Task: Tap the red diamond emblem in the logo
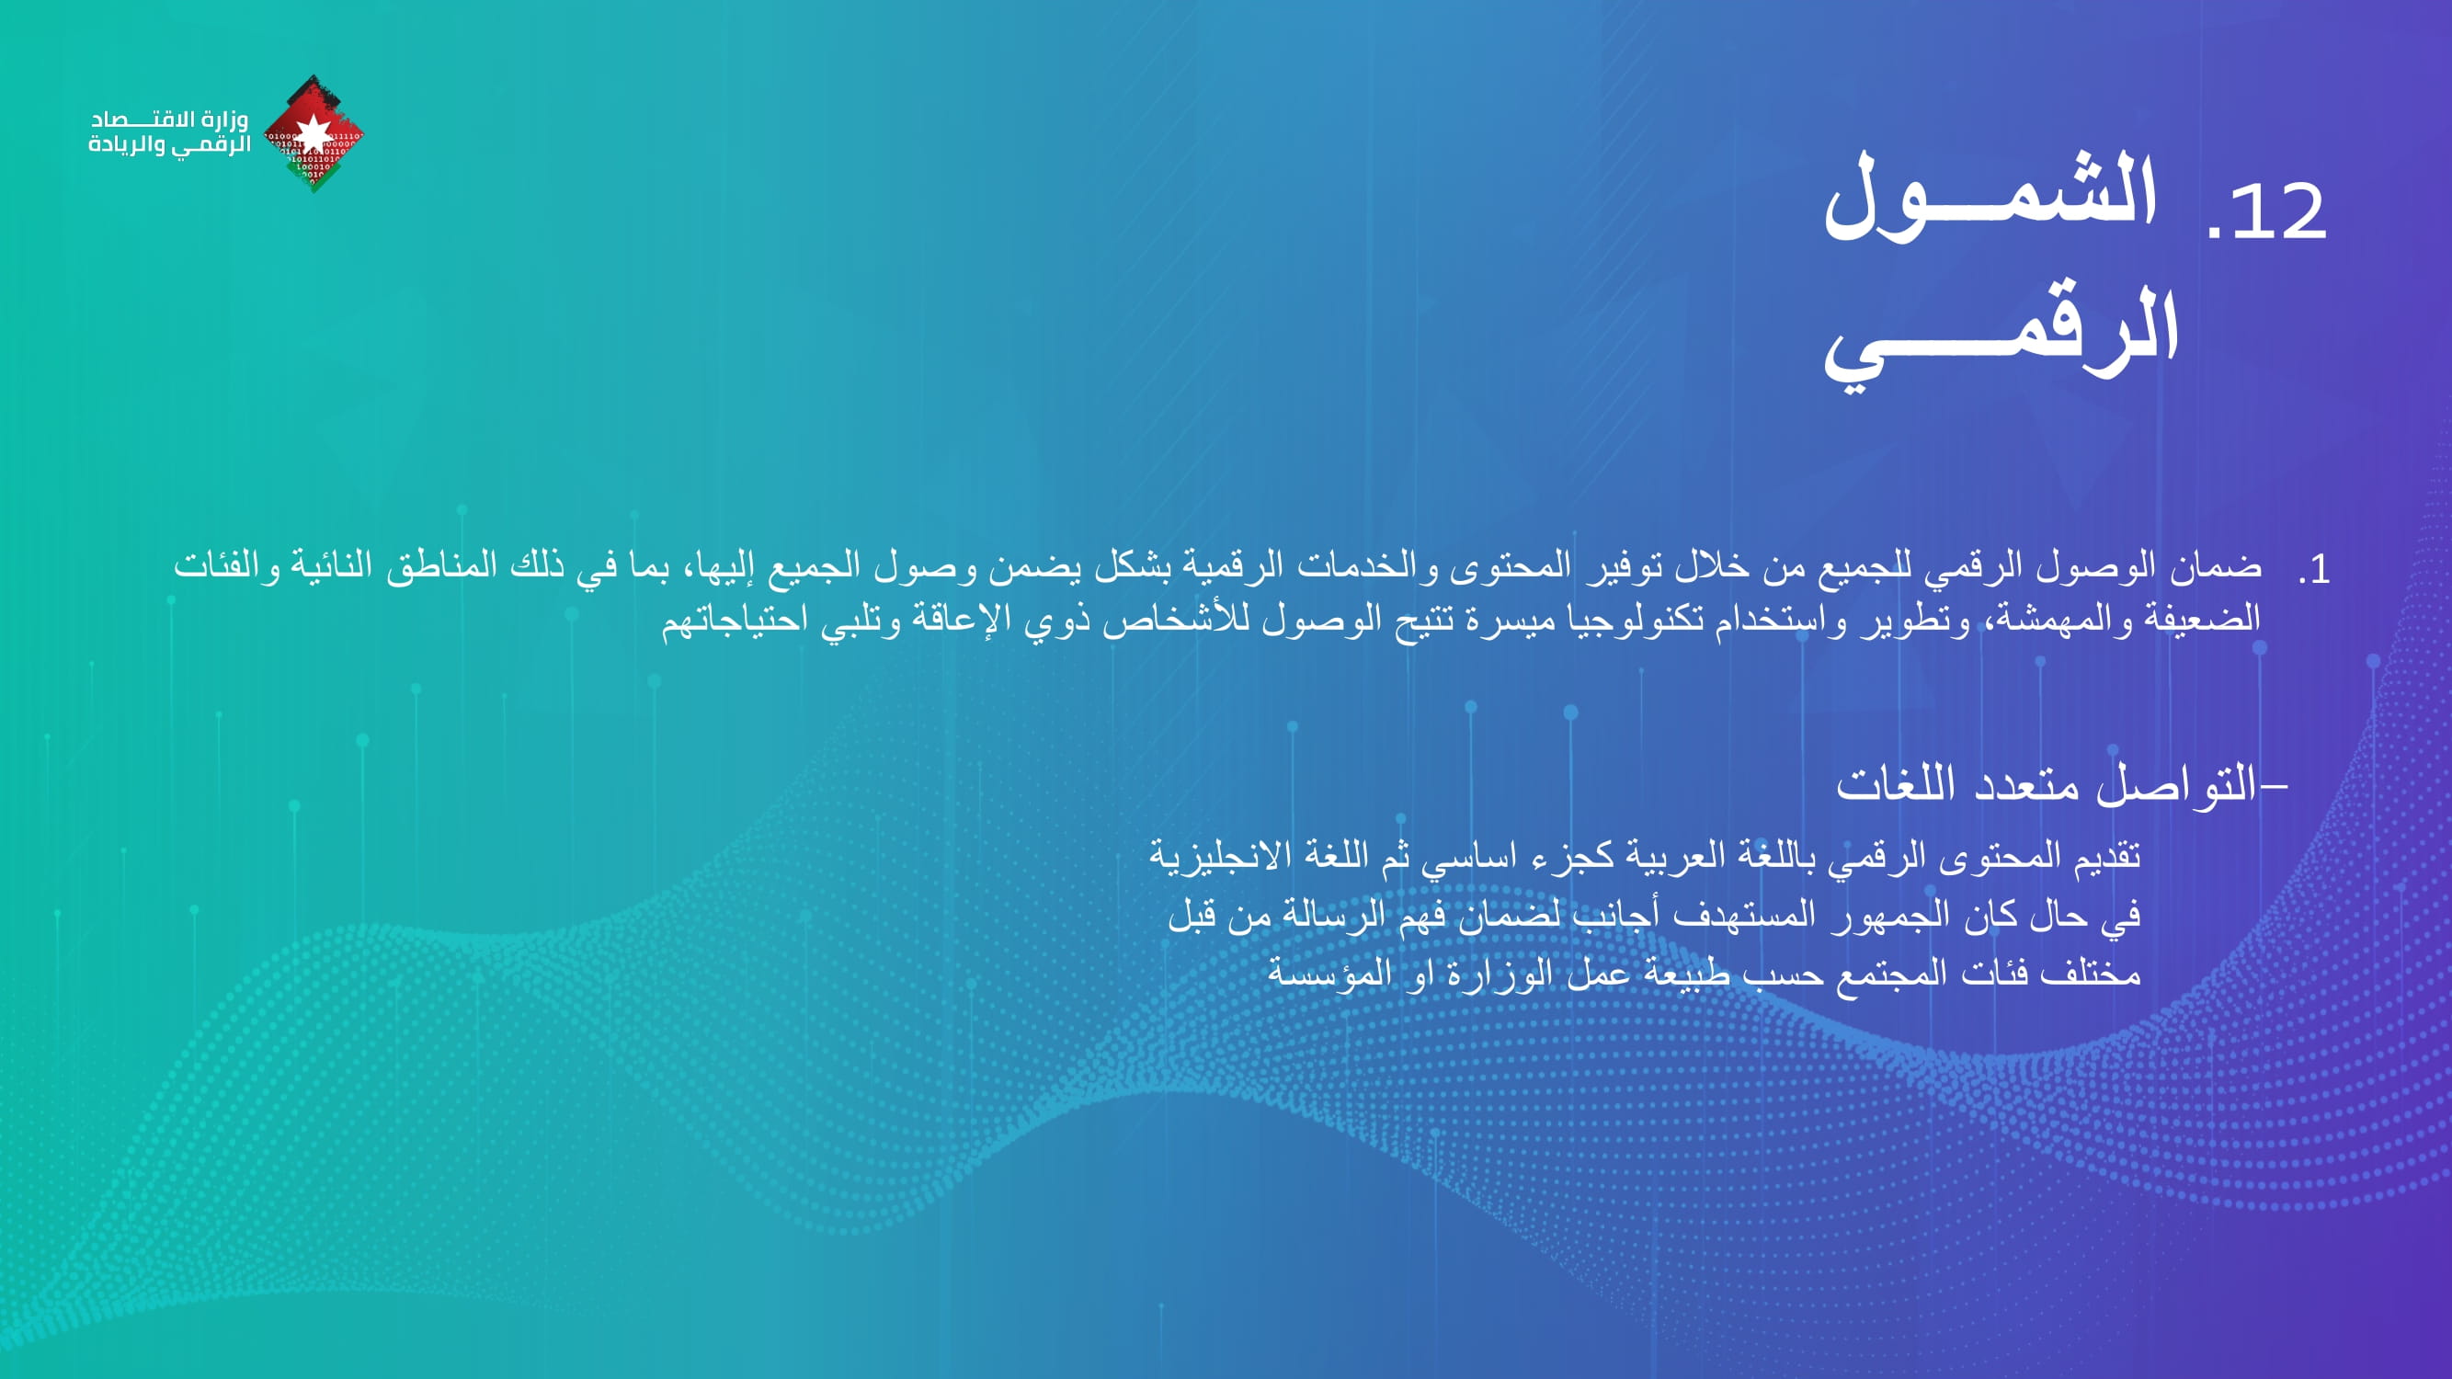pos(314,133)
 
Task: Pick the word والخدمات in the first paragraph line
pos(1370,566)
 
